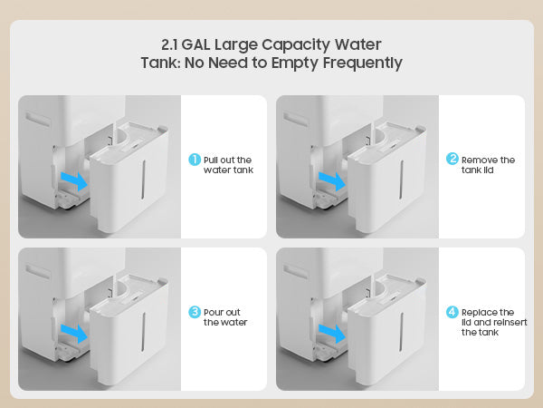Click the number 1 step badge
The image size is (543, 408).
[x=195, y=160]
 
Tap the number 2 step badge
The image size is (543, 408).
[x=452, y=159]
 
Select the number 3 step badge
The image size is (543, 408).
[x=195, y=312]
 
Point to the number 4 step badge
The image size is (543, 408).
[x=452, y=312]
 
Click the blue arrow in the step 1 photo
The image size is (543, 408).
[x=74, y=180]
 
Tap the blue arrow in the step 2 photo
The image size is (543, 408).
[x=332, y=180]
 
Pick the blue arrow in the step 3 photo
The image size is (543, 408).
[x=74, y=334]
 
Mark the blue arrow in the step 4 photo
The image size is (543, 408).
[x=332, y=334]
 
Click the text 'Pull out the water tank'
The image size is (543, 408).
[x=228, y=165]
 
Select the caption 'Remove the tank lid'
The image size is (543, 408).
[x=488, y=165]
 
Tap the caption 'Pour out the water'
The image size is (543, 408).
[x=225, y=317]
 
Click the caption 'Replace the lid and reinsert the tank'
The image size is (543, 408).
[x=494, y=322]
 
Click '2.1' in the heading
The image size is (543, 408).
[x=169, y=44]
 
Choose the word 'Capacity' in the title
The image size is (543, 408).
[x=296, y=45]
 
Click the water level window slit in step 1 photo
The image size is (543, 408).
[x=143, y=180]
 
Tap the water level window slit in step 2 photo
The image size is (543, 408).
[x=401, y=180]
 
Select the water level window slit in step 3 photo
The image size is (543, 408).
[x=143, y=332]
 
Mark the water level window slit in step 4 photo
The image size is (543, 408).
[x=401, y=332]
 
